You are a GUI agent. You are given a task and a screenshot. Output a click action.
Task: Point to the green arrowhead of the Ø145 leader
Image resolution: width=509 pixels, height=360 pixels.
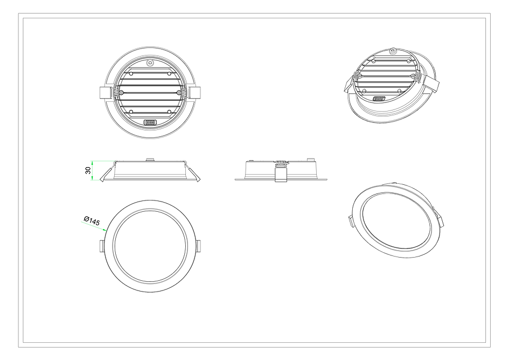pyautogui.click(x=107, y=230)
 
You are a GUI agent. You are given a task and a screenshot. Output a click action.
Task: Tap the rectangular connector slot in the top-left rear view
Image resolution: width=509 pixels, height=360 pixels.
pyautogui.click(x=151, y=122)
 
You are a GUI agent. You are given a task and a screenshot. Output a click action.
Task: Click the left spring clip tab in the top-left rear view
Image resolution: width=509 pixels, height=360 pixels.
pyautogui.click(x=107, y=93)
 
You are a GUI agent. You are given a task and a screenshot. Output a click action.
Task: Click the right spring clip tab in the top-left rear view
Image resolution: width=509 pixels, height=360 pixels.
pyautogui.click(x=194, y=93)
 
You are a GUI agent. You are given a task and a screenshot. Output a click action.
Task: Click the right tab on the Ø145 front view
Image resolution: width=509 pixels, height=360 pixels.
pyautogui.click(x=198, y=246)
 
